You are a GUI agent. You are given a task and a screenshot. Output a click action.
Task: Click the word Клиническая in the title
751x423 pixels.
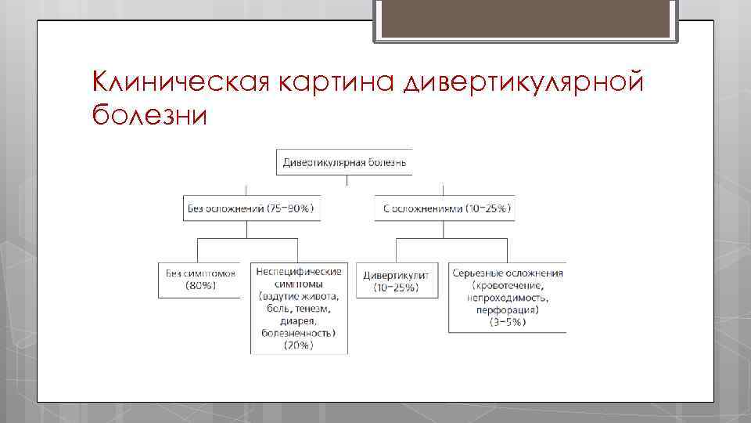point(179,80)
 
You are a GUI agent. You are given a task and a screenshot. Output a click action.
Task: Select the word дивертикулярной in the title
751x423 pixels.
point(524,81)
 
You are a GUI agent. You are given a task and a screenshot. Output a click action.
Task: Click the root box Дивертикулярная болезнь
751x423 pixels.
point(344,162)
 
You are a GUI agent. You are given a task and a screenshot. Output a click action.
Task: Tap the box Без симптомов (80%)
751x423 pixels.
point(200,280)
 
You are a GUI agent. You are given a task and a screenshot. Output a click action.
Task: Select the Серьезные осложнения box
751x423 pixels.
point(507,297)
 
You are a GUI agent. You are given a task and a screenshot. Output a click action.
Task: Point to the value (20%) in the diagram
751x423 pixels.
point(299,345)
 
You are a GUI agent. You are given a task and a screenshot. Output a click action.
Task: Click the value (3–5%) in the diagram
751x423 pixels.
point(507,322)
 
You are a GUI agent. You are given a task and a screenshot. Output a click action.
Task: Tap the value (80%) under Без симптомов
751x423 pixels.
point(200,286)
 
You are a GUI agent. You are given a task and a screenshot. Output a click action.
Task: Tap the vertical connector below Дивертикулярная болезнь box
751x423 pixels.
point(347,180)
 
